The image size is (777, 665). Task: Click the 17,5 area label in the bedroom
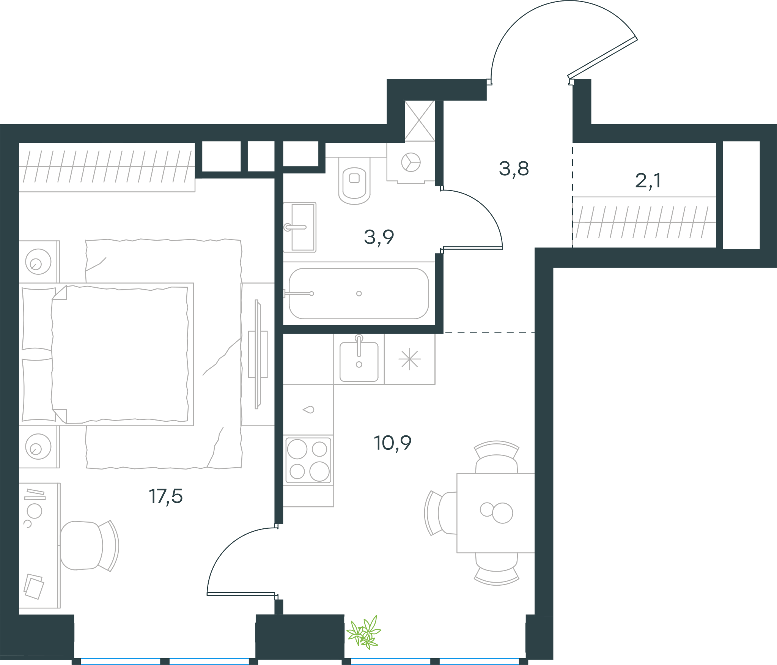click(166, 496)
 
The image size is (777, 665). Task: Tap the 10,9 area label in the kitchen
click(393, 443)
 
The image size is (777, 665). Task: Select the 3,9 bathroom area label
click(379, 237)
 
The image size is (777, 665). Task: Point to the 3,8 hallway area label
click(514, 169)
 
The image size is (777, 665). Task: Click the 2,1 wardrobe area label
click(648, 181)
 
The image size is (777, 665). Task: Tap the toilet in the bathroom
click(354, 181)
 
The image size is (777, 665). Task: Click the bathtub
click(359, 293)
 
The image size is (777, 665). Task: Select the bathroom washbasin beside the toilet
click(300, 227)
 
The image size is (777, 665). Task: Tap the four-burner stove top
click(308, 460)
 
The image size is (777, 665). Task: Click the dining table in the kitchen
click(495, 513)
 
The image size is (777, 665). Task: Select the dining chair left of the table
click(440, 513)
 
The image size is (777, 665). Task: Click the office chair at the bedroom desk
click(90, 546)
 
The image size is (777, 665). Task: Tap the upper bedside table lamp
click(38, 262)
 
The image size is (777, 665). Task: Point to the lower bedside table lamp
click(38, 446)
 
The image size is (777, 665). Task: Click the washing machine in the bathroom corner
click(411, 162)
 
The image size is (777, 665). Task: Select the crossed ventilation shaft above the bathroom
click(420, 121)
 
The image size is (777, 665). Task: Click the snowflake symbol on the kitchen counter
click(410, 359)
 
